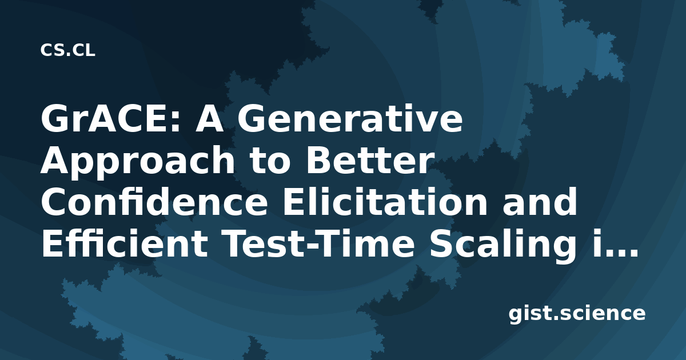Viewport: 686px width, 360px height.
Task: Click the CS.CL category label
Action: [x=67, y=50]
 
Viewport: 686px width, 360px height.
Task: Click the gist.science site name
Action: [x=577, y=314]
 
